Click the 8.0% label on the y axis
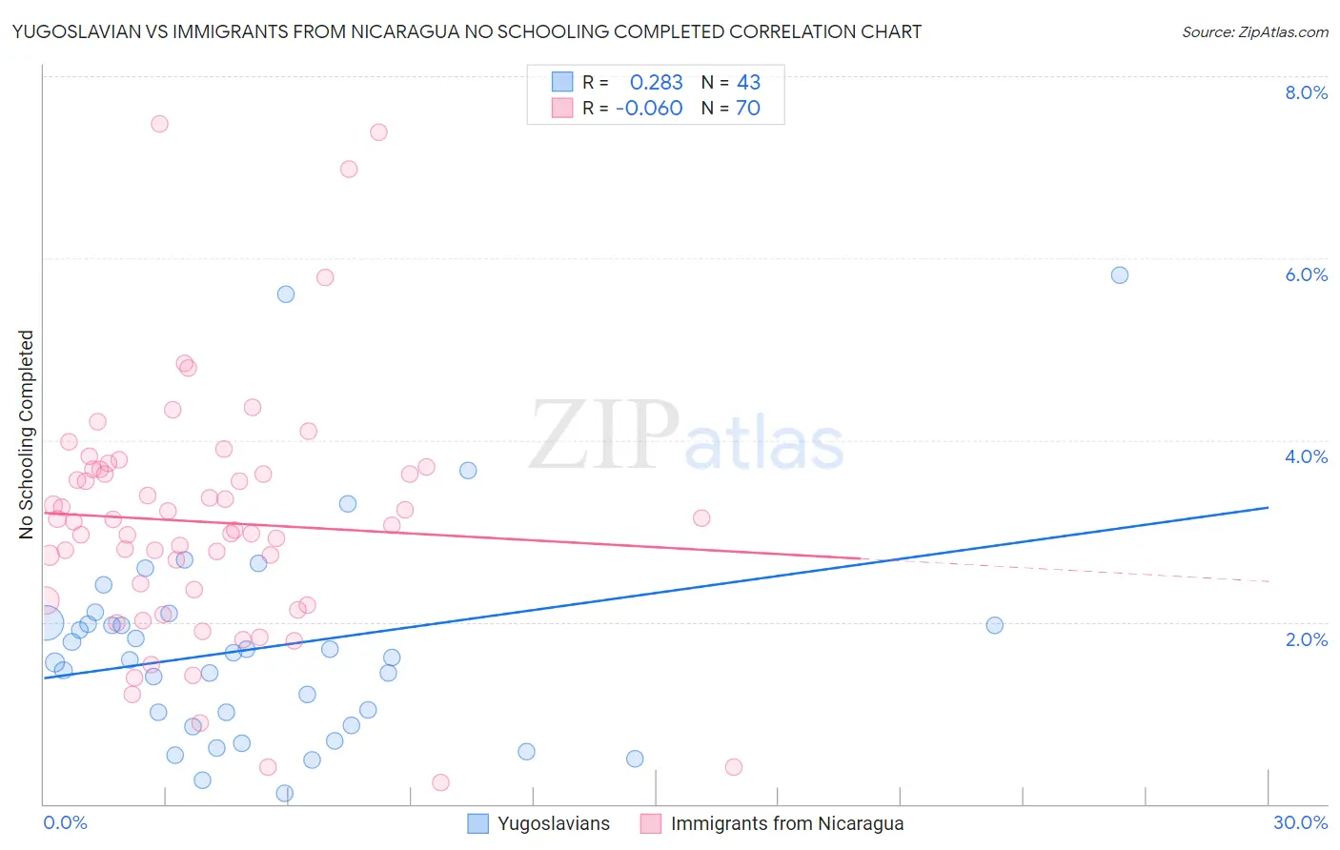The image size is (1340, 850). coord(1306,92)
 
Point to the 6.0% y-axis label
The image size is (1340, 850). coord(1306,274)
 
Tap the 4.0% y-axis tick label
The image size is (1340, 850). coord(1306,456)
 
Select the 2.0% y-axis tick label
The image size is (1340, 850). coord(1306,639)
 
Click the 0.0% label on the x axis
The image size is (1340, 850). coord(66,822)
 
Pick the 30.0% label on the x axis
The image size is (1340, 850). coord(1300,822)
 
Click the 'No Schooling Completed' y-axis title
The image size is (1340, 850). coord(27,435)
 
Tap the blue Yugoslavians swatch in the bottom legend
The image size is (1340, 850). coord(478,823)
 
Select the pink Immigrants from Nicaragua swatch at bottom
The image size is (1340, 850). coord(651,823)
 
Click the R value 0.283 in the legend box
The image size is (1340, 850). coord(656,83)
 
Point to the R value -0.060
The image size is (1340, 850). coord(649,109)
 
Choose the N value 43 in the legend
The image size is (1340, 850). coord(748,83)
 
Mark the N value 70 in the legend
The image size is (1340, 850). coord(748,109)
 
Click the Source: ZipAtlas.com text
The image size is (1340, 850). coord(1254,32)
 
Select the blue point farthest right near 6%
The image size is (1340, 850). coord(1120,275)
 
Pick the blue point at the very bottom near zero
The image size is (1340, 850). coord(284,794)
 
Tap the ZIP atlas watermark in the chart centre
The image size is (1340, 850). coord(686,436)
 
